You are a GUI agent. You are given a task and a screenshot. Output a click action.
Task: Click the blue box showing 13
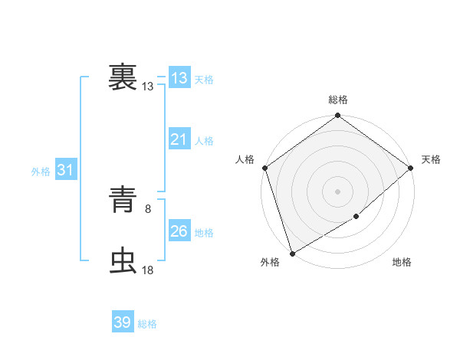point(179,78)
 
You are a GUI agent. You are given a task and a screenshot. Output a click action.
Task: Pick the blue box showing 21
point(179,139)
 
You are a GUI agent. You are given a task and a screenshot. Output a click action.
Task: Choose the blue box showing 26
point(179,231)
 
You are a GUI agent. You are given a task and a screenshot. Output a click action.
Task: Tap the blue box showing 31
point(65,170)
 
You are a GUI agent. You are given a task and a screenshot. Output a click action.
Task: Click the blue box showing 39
point(123,322)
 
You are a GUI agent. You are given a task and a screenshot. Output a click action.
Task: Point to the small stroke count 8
point(148,208)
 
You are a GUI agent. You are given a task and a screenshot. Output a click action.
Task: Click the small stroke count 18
point(148,270)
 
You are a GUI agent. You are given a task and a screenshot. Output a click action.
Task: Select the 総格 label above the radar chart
point(337,100)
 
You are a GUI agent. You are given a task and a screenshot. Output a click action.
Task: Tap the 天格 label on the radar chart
point(431,159)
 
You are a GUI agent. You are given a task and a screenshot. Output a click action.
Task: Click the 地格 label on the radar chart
point(402,263)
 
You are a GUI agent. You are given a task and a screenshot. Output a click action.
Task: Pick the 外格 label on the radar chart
point(270,263)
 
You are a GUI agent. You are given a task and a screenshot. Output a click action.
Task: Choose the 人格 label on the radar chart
point(245,159)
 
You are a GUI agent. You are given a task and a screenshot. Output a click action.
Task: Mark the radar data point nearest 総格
point(337,116)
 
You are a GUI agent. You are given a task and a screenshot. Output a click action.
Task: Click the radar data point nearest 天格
point(410,168)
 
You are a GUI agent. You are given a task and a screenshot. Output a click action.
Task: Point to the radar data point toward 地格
point(356,218)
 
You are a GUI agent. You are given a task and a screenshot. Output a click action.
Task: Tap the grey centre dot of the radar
point(337,191)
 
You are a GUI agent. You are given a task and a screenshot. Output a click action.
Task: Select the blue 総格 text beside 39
point(147,324)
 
